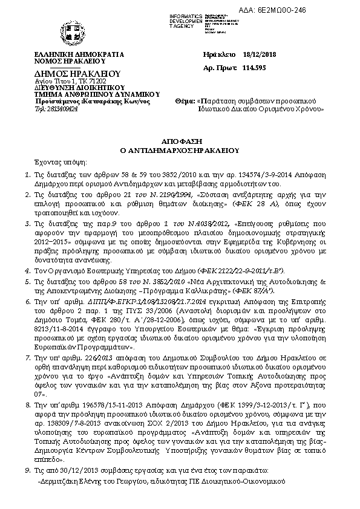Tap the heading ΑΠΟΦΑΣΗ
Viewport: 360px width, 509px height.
click(x=180, y=139)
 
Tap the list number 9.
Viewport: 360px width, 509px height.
click(x=27, y=470)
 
